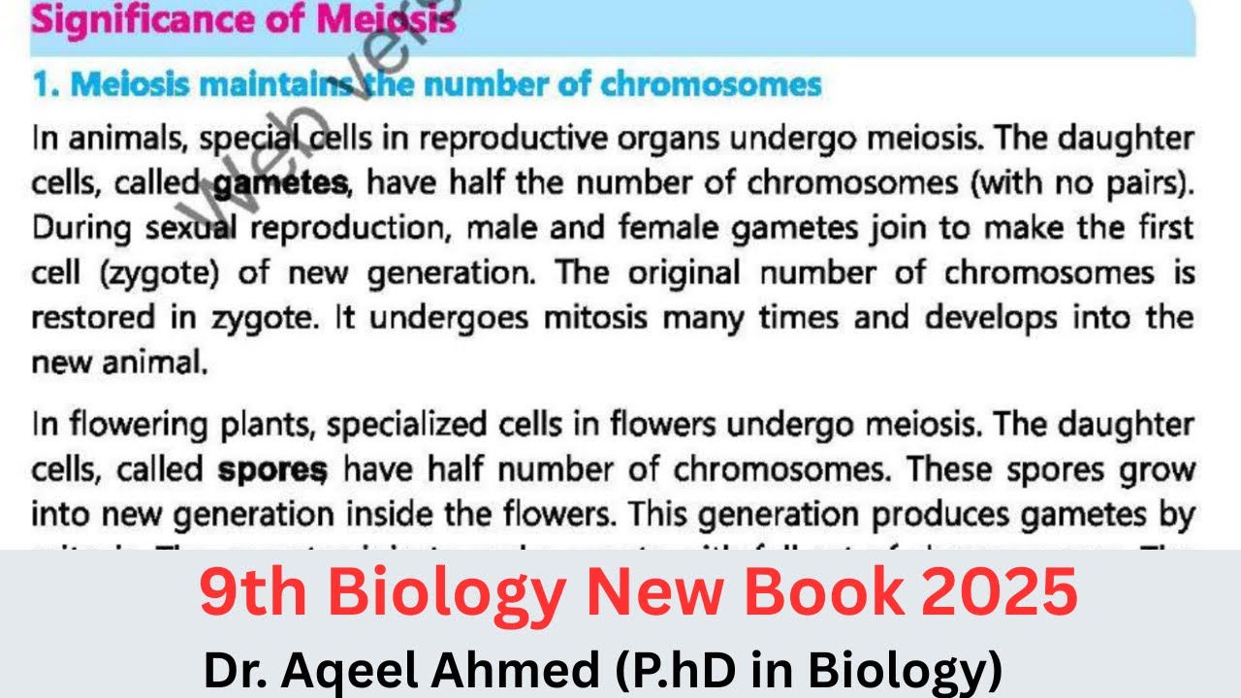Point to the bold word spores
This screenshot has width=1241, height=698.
pyautogui.click(x=272, y=470)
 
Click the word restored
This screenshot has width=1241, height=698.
pyautogui.click(x=93, y=318)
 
